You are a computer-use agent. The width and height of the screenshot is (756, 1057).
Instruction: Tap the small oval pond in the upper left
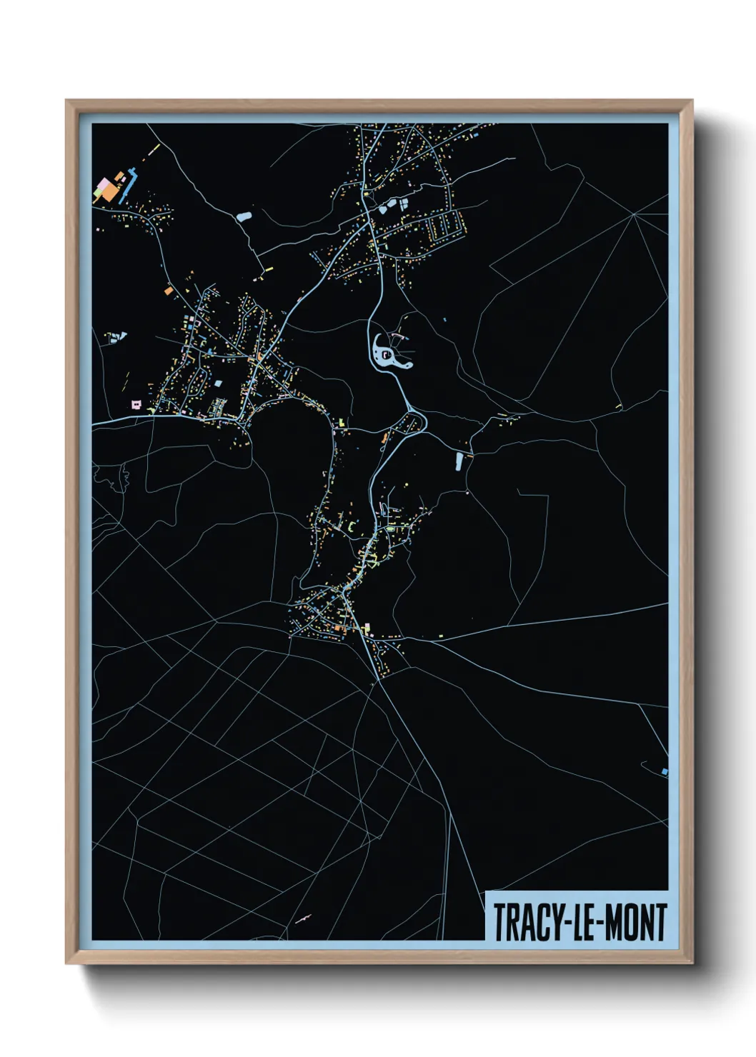(244, 215)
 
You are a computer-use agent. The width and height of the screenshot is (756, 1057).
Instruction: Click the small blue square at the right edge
(665, 771)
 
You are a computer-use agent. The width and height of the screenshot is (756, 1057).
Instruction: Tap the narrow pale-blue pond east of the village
(459, 461)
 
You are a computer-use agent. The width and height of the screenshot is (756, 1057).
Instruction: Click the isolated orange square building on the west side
(169, 291)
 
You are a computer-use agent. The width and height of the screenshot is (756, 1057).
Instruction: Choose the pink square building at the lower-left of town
(136, 405)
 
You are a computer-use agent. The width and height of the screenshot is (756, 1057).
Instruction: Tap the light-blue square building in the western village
(218, 384)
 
